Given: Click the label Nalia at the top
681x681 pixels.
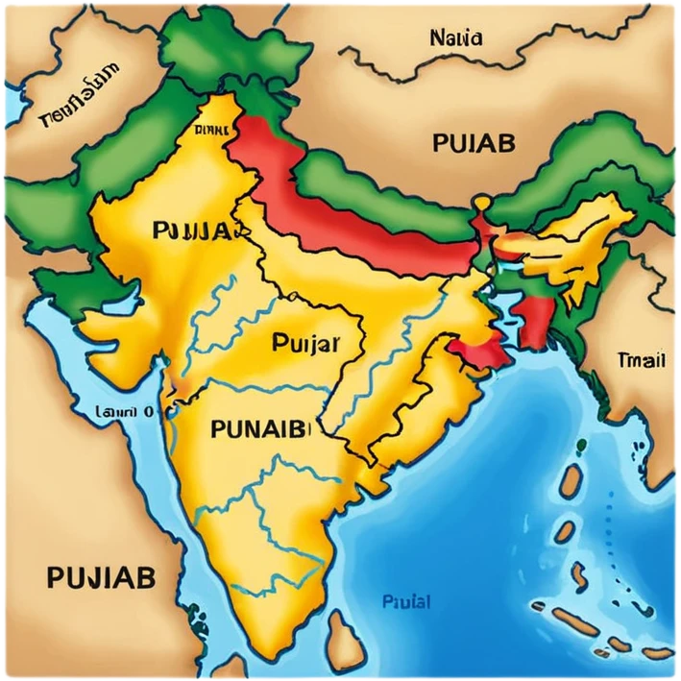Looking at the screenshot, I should pyautogui.click(x=457, y=39).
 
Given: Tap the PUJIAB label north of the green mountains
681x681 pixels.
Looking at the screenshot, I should pyautogui.click(x=474, y=143).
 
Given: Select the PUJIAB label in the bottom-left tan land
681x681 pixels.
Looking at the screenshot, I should pyautogui.click(x=100, y=578).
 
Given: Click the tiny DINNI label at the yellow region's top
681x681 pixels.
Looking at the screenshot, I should pyautogui.click(x=210, y=130).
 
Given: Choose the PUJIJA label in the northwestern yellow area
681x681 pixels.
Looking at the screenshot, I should pyautogui.click(x=191, y=231).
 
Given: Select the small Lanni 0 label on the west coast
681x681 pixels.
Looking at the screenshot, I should pyautogui.click(x=125, y=411).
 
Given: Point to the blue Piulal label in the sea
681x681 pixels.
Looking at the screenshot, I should pyautogui.click(x=405, y=602).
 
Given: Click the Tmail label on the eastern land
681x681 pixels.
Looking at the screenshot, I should pyautogui.click(x=640, y=361).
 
